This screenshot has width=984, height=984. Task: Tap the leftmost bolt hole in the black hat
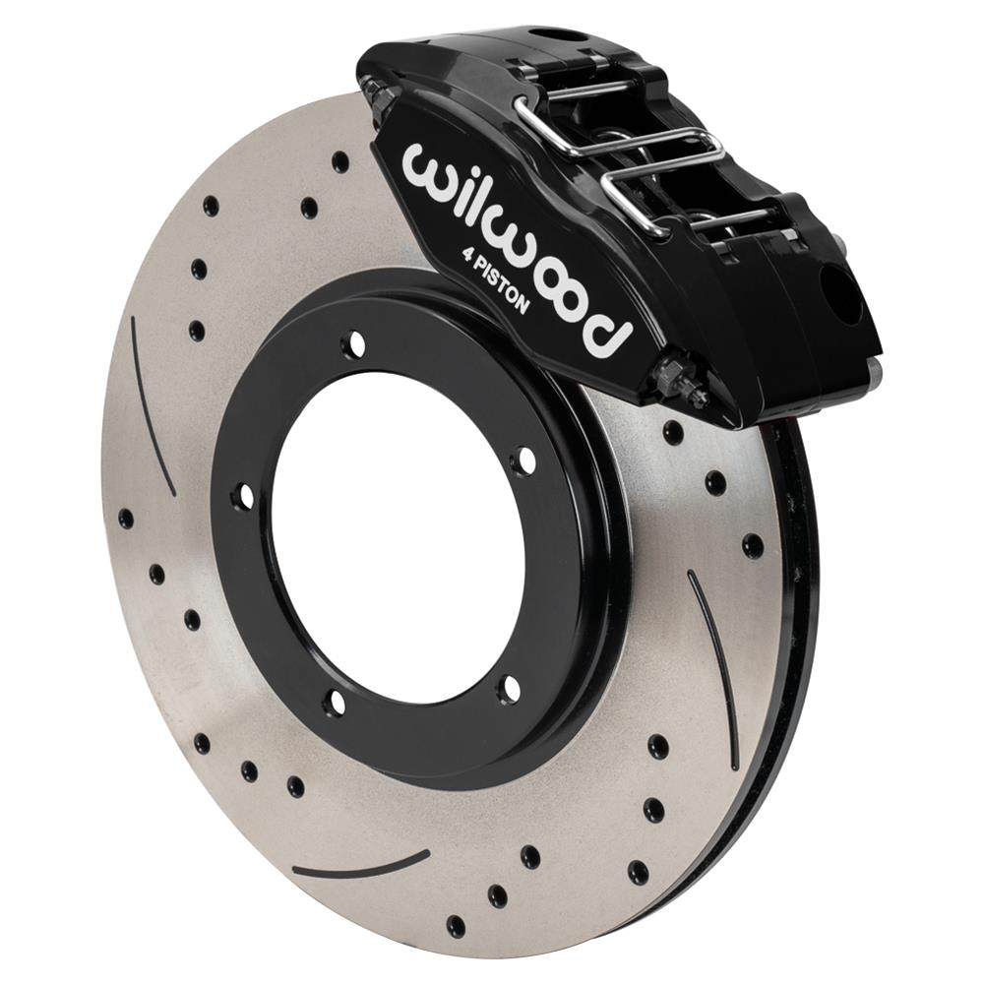coord(242,498)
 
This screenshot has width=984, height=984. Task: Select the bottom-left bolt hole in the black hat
coord(336,703)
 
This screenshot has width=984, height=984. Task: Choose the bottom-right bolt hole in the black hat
coord(507,687)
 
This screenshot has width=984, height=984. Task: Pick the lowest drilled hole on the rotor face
coord(456,926)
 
